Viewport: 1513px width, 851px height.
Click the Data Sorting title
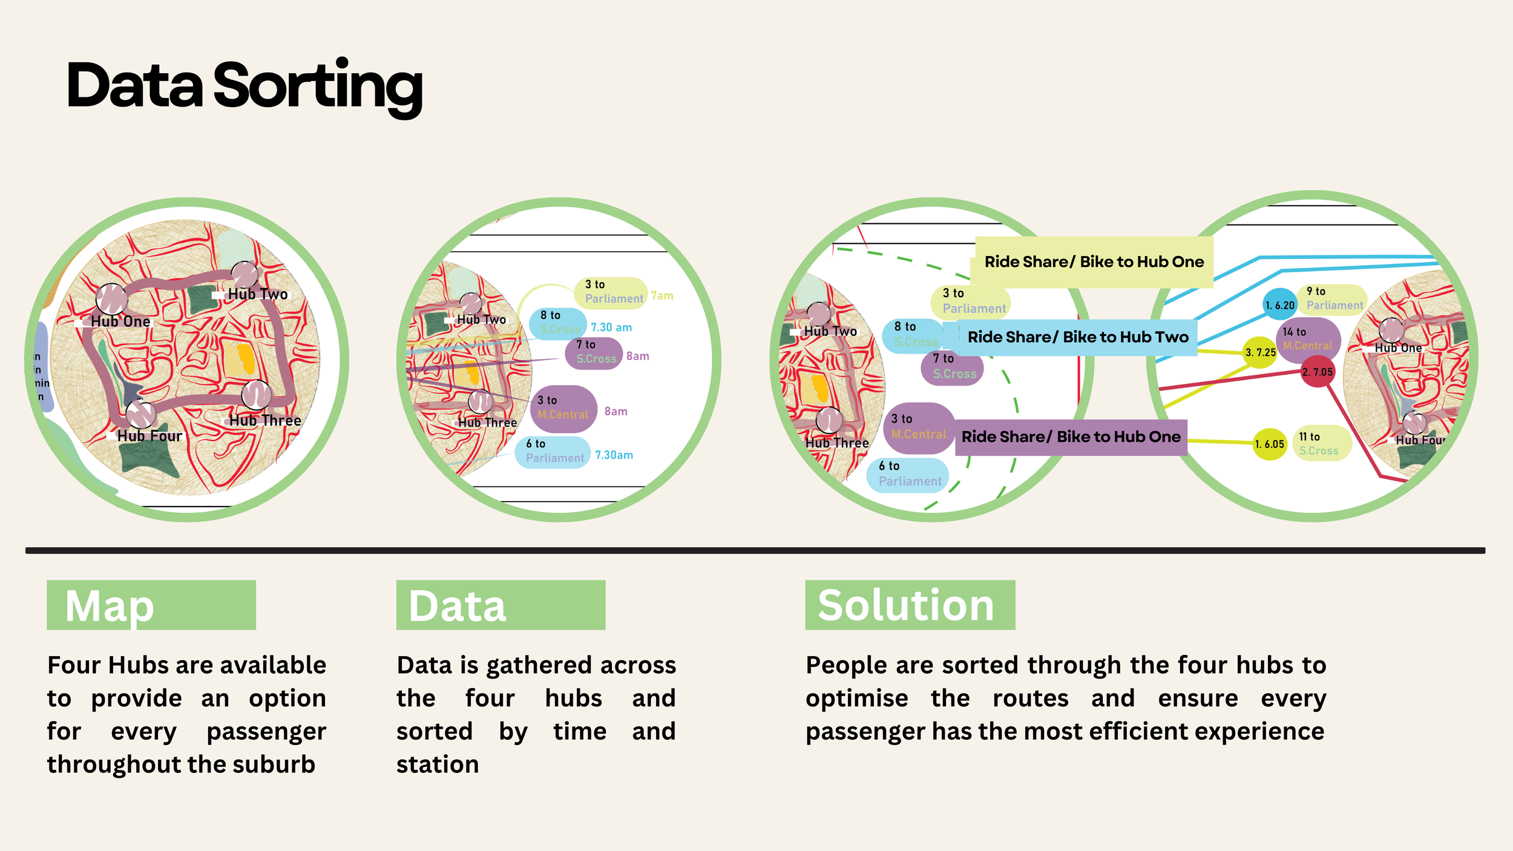245,86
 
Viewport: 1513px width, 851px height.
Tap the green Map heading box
151,605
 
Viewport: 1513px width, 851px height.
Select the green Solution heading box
910,605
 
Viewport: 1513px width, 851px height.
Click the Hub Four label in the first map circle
149,436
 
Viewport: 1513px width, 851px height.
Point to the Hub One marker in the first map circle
111,298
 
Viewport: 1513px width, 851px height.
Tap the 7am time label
662,296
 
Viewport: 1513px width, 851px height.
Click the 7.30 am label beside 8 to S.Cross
611,327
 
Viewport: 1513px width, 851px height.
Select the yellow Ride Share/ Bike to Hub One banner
1094,262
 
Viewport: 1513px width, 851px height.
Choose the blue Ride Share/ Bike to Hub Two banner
1077,337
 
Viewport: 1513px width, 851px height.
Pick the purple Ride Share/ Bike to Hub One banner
1070,437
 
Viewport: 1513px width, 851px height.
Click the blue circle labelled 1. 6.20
1279,305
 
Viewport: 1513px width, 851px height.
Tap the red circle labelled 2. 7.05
1318,372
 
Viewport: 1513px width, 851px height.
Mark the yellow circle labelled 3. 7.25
1260,352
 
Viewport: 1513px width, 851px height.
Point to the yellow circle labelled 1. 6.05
1269,444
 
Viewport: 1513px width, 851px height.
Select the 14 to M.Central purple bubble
1308,339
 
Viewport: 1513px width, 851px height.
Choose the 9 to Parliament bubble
1333,299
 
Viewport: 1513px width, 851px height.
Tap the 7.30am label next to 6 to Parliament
614,455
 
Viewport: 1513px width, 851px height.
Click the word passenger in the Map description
266,732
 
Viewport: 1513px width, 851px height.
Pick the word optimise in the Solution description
856,698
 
